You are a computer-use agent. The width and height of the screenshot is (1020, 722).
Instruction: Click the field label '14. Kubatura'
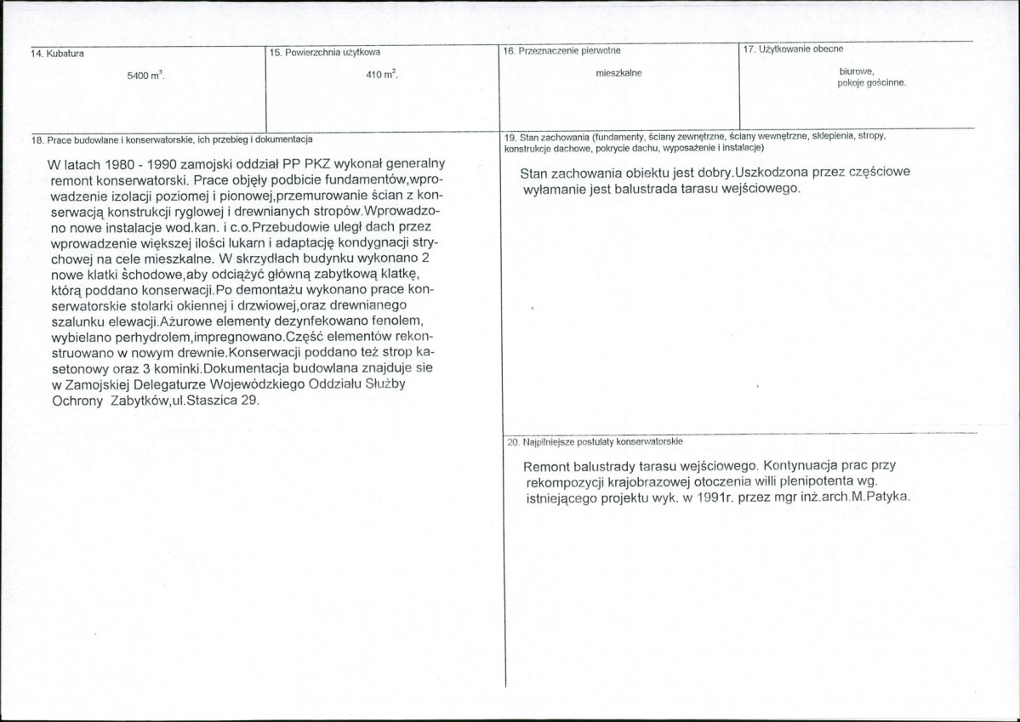[53, 54]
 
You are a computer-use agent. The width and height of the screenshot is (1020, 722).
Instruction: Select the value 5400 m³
[145, 76]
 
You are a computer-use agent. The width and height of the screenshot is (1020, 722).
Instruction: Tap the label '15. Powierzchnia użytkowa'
[324, 53]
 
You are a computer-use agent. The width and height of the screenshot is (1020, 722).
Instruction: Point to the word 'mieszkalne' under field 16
[618, 73]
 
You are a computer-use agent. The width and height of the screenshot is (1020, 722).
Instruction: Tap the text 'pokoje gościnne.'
[872, 83]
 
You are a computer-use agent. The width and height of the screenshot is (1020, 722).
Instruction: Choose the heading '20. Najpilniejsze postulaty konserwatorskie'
[595, 442]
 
